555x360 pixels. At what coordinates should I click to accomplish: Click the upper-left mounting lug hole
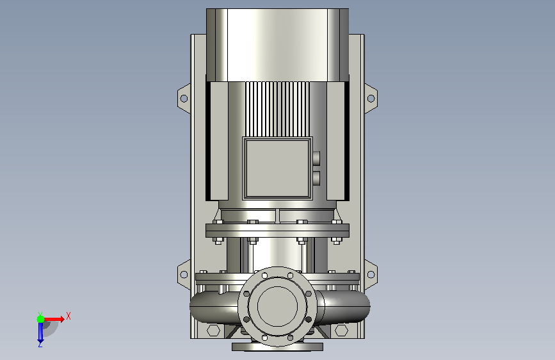pos(184,98)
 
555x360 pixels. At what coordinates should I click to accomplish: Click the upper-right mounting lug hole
pos(371,98)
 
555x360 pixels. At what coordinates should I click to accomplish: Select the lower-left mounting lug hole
pos(184,274)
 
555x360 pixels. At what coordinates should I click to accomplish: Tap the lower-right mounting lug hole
pos(371,274)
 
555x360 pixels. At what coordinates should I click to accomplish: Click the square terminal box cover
pos(278,168)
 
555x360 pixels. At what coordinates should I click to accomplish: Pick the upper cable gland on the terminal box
pos(316,158)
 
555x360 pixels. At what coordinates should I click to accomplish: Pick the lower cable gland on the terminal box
pos(316,178)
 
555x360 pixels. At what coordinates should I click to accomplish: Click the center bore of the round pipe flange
pos(278,306)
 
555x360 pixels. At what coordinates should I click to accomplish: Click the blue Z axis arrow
pos(40,332)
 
